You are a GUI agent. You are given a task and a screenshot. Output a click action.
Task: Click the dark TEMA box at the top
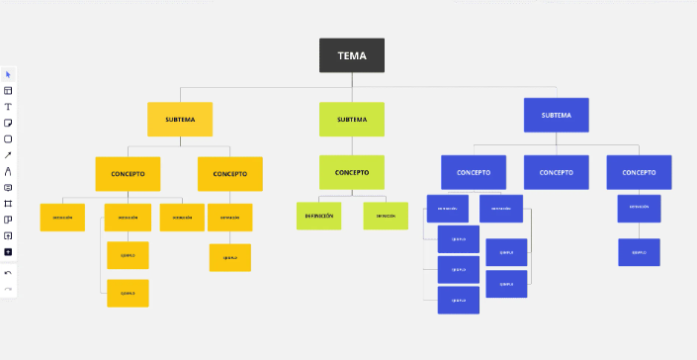click(351, 55)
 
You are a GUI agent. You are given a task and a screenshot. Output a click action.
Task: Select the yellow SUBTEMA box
click(180, 119)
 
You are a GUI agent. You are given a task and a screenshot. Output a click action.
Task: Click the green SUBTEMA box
click(351, 119)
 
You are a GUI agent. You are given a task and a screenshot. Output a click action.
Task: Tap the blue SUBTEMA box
click(556, 115)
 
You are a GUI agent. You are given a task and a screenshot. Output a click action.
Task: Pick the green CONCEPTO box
click(351, 172)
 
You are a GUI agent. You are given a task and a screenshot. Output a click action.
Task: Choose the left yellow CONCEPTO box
click(128, 173)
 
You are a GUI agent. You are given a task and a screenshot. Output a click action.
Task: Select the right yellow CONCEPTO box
click(229, 173)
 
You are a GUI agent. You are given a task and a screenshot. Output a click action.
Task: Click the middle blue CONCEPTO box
click(556, 172)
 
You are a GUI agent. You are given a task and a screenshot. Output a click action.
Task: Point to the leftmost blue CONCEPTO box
click(473, 172)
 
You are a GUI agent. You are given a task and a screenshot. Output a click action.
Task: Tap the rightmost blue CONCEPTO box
click(639, 172)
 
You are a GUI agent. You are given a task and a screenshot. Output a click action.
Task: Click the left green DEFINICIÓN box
click(318, 216)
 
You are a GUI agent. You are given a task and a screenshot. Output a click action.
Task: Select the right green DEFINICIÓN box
click(385, 216)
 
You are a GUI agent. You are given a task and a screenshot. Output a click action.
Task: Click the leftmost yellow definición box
click(62, 218)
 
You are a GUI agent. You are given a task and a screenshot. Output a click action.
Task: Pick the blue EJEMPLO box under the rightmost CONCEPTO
click(639, 252)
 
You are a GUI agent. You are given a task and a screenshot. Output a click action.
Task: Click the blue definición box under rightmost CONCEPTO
click(639, 208)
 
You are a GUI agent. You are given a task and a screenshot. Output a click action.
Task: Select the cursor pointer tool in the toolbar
click(8, 74)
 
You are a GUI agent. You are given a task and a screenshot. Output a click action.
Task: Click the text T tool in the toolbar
click(8, 106)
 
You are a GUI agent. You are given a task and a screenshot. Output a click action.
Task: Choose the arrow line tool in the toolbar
click(8, 154)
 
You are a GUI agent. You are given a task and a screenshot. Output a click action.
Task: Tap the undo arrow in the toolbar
click(8, 272)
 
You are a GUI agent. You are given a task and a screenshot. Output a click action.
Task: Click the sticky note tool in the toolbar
click(8, 123)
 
